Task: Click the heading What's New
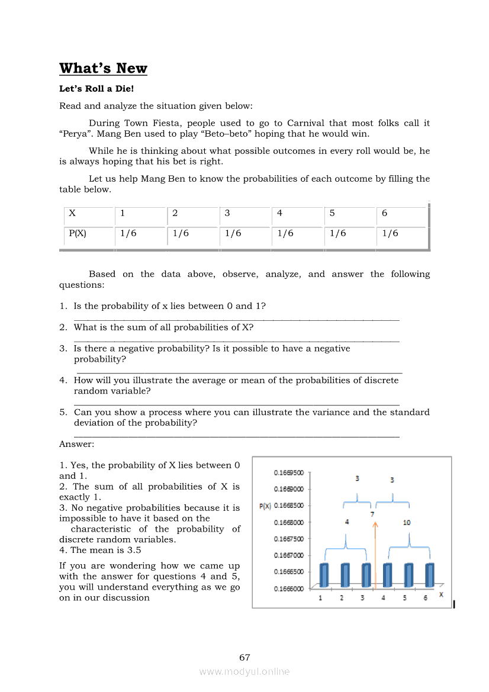pos(103,69)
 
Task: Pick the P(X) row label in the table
pos(78,233)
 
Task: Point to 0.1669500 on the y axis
pos(289,473)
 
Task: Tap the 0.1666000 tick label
pos(289,589)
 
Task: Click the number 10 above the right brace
pos(407,523)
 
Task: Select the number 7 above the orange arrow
pos(372,514)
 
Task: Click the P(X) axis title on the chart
pos(265,506)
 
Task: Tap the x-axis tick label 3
pos(362,598)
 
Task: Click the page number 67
pos(244,658)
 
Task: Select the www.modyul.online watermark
pos(244,672)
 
